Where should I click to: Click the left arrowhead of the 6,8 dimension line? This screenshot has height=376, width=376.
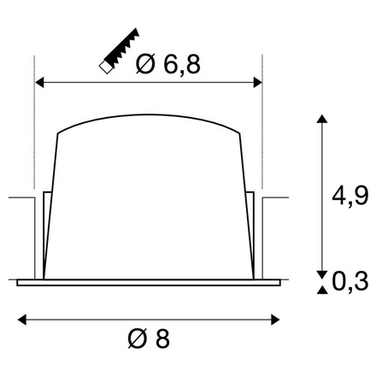pos(38,83)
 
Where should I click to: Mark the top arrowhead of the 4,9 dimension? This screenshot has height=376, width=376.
pos(321,118)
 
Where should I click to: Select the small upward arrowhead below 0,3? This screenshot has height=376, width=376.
pos(321,292)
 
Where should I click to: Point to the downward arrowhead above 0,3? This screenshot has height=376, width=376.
pos(321,273)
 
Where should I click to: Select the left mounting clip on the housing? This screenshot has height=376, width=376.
pos(44,231)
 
